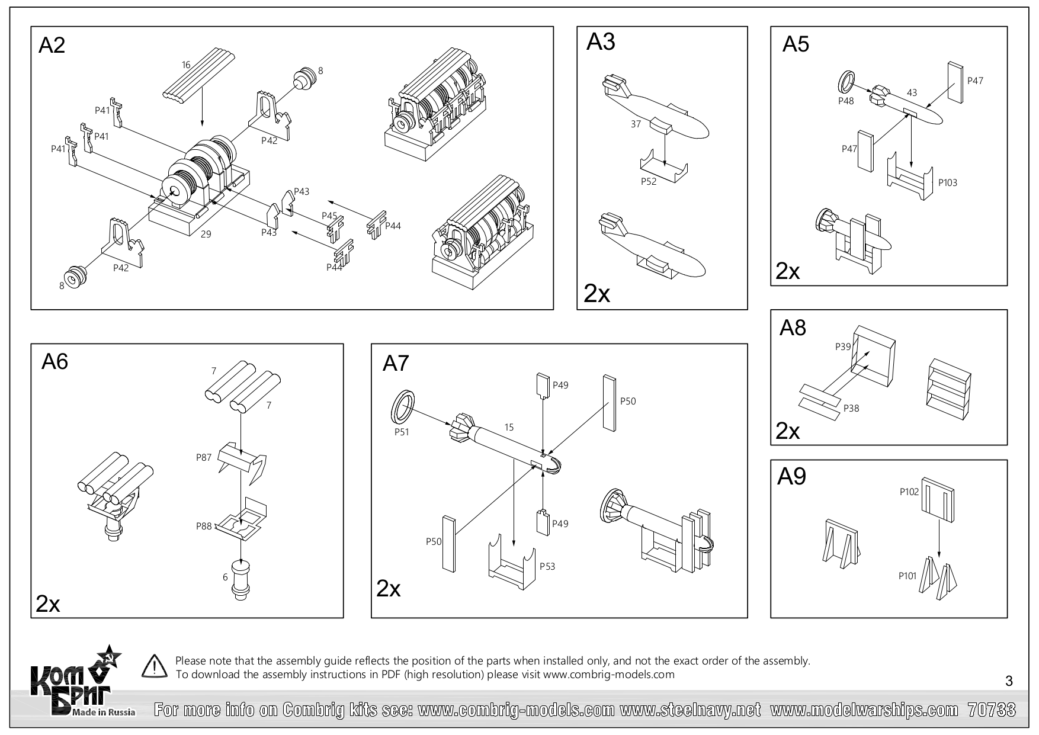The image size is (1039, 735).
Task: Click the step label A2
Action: click(52, 46)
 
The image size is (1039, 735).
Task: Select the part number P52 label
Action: click(649, 181)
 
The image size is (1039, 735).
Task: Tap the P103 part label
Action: click(948, 182)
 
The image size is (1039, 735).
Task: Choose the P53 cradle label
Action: click(547, 566)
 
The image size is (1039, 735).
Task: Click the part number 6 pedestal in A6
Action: click(240, 581)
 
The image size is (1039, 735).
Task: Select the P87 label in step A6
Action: click(204, 457)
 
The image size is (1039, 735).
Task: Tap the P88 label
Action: click(204, 525)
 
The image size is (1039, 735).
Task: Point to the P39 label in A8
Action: click(843, 346)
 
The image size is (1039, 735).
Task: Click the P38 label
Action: click(851, 408)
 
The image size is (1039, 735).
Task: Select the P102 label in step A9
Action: click(909, 491)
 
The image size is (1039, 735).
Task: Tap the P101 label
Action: click(907, 575)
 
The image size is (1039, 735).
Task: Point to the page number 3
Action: click(1009, 682)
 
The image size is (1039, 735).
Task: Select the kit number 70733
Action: click(992, 710)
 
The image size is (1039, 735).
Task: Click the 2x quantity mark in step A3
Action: click(597, 294)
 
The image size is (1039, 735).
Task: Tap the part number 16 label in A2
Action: click(186, 65)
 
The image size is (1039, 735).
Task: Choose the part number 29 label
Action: click(206, 234)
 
